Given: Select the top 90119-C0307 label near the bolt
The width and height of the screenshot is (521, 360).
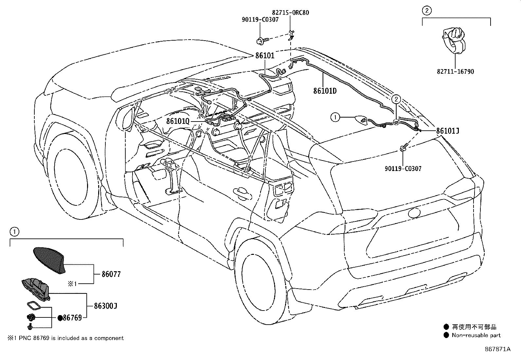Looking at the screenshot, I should point(260,19).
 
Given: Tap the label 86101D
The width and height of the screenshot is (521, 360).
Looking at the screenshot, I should point(325,91).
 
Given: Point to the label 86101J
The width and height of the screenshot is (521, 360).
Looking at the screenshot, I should point(447,131).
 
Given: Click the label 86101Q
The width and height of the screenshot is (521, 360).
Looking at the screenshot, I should point(178,121).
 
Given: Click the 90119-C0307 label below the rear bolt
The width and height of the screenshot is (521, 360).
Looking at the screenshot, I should point(403,169).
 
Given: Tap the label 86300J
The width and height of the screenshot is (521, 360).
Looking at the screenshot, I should point(105,306).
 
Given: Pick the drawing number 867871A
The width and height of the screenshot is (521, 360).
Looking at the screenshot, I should point(497,349).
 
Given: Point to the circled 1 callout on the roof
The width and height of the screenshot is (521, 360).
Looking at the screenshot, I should point(335,117).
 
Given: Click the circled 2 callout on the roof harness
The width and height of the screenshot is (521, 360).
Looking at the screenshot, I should point(396,99).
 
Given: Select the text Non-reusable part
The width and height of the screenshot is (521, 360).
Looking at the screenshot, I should point(476,335).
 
